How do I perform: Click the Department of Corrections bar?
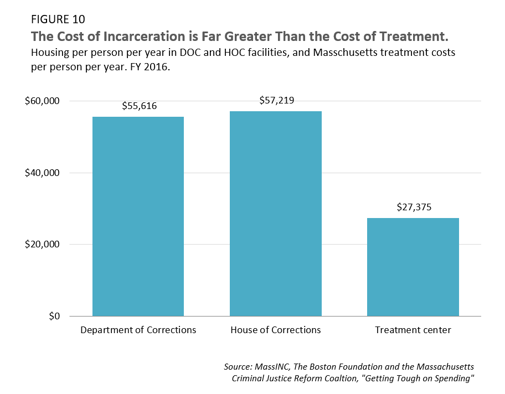point(138,216)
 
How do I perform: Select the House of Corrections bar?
point(276,214)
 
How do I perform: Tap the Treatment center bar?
point(413,267)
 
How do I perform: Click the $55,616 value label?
point(138,106)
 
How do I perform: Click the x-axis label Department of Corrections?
point(138,330)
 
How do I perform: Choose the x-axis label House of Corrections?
point(276,330)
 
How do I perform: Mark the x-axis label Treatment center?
point(413,330)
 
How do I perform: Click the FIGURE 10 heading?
point(58,19)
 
